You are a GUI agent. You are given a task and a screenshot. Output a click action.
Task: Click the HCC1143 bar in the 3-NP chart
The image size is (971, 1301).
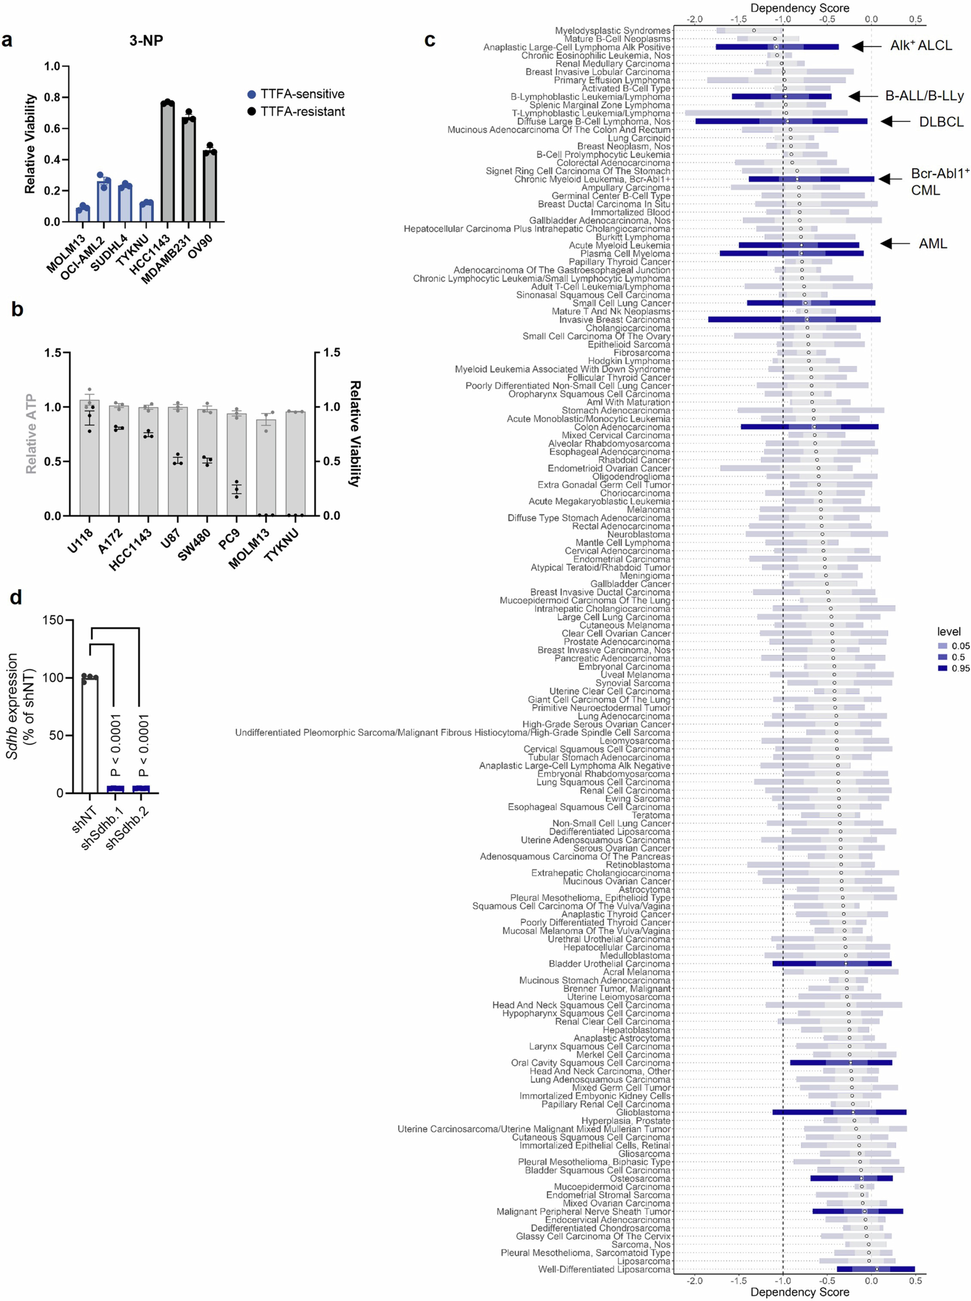[168, 162]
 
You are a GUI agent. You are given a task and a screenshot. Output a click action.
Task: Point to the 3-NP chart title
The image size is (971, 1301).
[146, 41]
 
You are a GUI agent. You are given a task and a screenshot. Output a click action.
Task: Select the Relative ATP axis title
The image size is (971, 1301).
[30, 434]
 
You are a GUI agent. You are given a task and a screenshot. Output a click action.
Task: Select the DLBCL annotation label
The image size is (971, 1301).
[941, 122]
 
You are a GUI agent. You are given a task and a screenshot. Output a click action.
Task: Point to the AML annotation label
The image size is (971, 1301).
[933, 243]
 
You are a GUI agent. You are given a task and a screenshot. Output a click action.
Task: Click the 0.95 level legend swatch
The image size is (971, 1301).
[943, 668]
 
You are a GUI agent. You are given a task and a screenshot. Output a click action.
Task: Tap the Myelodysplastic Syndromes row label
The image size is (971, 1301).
[612, 30]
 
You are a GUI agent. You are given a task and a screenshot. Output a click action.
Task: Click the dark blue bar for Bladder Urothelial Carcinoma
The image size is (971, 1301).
[832, 964]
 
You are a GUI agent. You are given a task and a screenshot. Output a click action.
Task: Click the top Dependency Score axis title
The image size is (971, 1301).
[799, 8]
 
